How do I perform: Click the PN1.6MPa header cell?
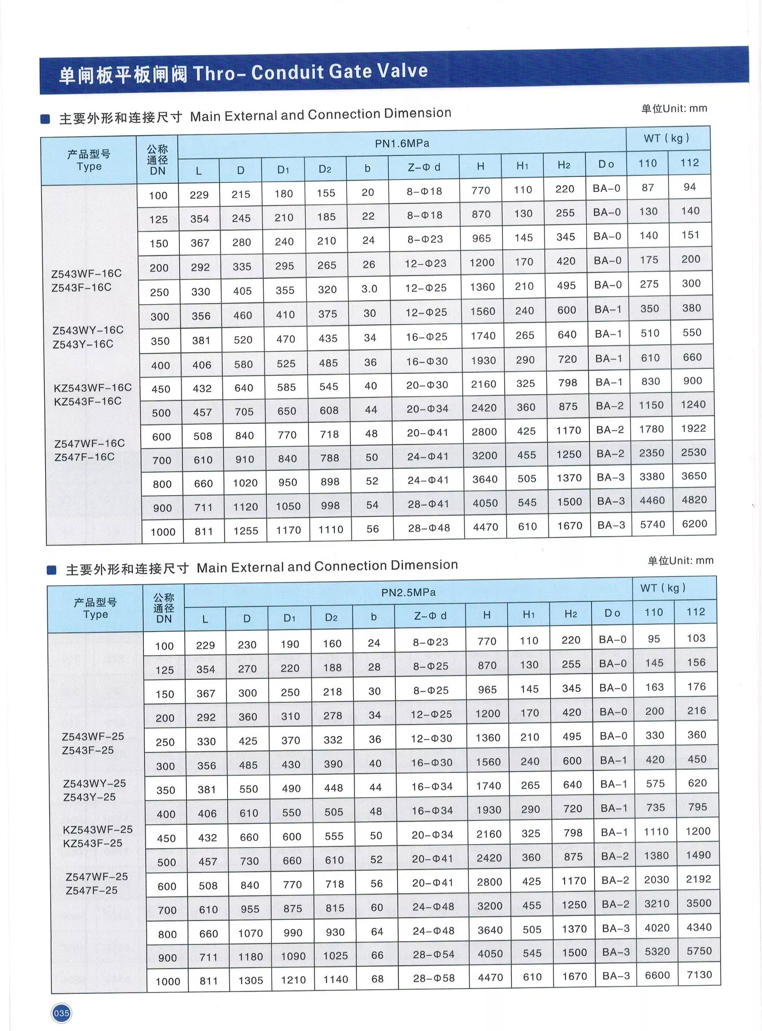click(402, 143)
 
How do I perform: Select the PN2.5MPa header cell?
click(408, 592)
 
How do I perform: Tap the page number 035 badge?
click(61, 1013)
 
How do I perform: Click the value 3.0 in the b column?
click(369, 289)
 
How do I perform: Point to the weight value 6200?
click(694, 524)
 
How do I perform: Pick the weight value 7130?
click(700, 974)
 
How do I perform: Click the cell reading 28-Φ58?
click(434, 978)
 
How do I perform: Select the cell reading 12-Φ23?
click(425, 263)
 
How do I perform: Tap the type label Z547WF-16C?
click(89, 443)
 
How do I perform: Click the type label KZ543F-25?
click(93, 843)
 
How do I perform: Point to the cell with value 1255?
click(246, 531)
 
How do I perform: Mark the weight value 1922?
click(693, 428)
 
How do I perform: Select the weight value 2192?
click(698, 879)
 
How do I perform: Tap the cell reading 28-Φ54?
click(433, 954)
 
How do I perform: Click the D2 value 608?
click(329, 410)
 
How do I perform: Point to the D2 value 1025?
click(335, 955)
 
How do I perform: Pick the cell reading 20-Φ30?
click(427, 385)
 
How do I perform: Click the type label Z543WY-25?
click(94, 783)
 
